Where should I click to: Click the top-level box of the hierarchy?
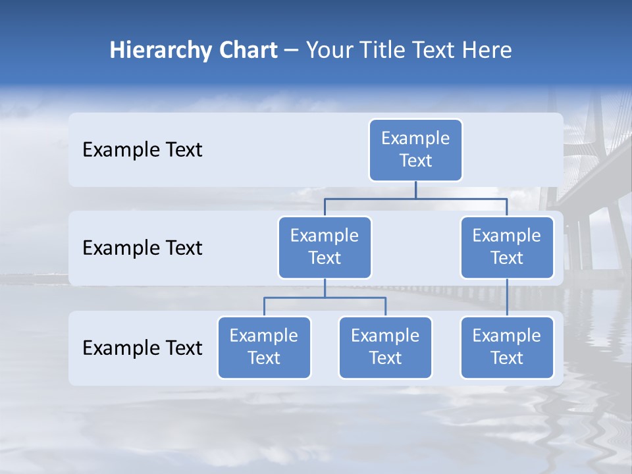tap(415, 149)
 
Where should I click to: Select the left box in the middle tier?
tap(325, 247)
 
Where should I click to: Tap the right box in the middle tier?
tap(507, 247)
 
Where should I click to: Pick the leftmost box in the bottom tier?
tap(264, 347)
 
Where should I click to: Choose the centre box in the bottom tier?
tap(385, 347)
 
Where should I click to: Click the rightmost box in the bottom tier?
tap(507, 347)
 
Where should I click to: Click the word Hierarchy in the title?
tap(161, 51)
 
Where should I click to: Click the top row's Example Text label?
tap(142, 150)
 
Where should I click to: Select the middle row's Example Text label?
tap(142, 248)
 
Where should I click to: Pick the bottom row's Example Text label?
tap(142, 348)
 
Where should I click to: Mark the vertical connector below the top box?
tap(415, 190)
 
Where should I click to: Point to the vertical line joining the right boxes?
tap(507, 298)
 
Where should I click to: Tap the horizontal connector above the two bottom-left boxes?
tap(325, 298)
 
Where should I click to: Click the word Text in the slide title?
tap(434, 51)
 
